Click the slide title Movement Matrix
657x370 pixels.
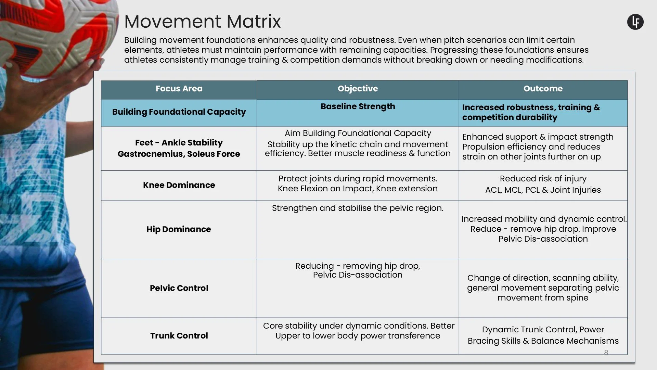(202, 22)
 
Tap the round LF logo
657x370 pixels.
(635, 22)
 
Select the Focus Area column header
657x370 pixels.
(179, 89)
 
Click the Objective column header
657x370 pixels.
(358, 89)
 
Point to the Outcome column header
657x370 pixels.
(543, 89)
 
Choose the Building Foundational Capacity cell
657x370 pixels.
(179, 112)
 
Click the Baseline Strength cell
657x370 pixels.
(358, 106)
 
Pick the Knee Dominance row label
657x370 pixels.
(179, 185)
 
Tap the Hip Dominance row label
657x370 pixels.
(179, 229)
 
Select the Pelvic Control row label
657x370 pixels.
(179, 288)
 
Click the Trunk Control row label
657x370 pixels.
(179, 336)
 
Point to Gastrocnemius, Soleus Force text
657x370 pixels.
(179, 154)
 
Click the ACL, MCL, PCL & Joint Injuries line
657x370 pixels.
(543, 190)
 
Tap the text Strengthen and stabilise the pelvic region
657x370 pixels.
(358, 208)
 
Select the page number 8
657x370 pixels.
(606, 353)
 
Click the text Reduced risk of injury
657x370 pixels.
(543, 179)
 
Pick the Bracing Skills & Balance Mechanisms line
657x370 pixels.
(543, 341)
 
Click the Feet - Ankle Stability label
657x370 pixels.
(179, 143)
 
